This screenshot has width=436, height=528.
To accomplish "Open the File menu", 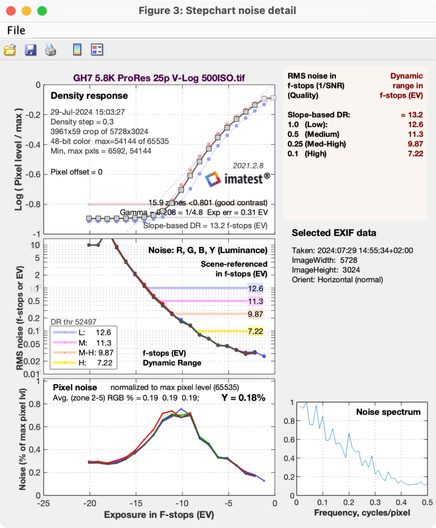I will click(x=16, y=30).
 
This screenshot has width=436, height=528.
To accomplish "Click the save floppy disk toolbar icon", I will click(x=31, y=50).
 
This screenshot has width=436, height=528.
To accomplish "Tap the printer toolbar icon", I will click(x=51, y=50).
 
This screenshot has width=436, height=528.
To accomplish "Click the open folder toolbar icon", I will click(x=10, y=50).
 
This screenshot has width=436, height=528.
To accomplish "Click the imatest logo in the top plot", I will click(x=237, y=180).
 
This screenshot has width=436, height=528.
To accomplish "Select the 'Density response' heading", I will click(x=89, y=96).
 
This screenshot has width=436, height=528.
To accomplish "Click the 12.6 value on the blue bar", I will click(x=255, y=288).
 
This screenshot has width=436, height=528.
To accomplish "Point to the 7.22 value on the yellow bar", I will click(x=255, y=331).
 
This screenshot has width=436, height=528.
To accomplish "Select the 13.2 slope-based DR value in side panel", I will click(x=416, y=115).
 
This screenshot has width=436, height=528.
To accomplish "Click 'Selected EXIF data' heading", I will click(x=334, y=233).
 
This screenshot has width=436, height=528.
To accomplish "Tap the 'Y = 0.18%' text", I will click(x=243, y=398).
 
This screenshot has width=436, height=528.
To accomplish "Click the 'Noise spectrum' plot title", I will click(x=388, y=412).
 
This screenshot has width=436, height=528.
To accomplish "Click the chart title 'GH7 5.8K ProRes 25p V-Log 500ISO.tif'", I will click(x=158, y=76).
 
